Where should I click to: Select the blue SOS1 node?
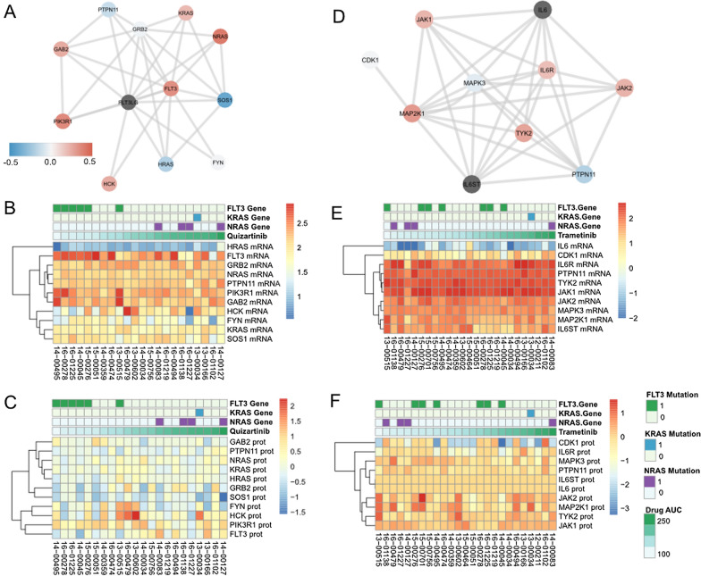pos(224,101)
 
